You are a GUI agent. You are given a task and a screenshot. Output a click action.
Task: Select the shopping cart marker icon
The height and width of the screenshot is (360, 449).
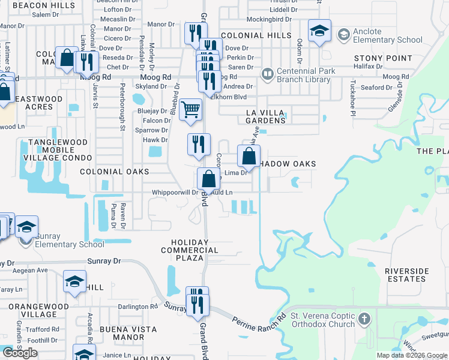tap(191, 110)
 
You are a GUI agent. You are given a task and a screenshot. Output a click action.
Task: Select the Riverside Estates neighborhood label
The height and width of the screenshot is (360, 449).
tap(405, 275)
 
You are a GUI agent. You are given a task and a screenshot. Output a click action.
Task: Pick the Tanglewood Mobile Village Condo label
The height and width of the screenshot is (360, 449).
tap(54, 150)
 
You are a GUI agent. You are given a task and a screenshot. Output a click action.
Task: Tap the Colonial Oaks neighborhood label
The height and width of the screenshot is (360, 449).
tap(114, 172)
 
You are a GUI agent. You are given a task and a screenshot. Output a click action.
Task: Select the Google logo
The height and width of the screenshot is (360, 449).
tap(20, 353)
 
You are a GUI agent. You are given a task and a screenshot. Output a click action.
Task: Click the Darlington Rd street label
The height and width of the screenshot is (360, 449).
tap(137, 307)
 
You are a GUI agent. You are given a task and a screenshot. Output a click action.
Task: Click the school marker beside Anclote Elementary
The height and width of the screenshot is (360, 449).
tap(319, 31)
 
